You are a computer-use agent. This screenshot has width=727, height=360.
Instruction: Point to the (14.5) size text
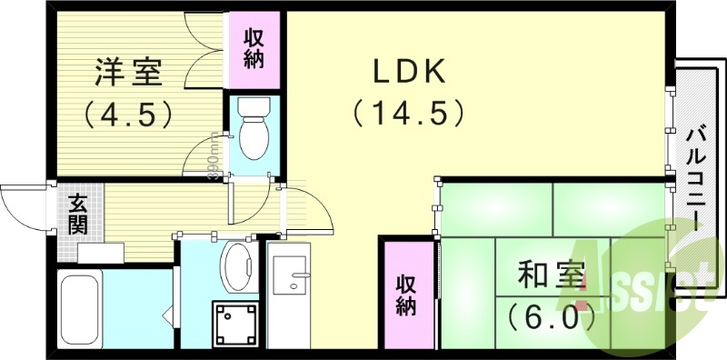(408, 114)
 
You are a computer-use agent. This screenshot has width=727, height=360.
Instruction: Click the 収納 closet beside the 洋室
(253, 46)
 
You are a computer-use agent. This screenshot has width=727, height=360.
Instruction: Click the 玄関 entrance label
(78, 215)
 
